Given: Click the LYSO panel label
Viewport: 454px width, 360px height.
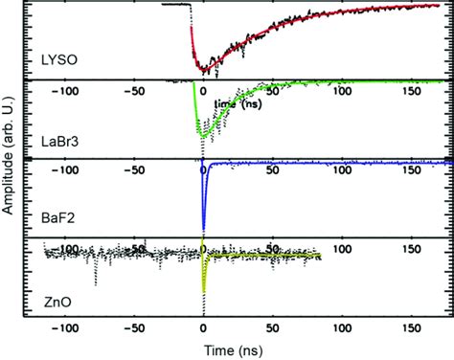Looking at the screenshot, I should click(x=58, y=63).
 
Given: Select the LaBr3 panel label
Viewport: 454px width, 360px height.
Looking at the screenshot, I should click(x=60, y=143).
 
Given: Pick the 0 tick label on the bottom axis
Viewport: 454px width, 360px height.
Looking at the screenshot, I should click(x=203, y=335).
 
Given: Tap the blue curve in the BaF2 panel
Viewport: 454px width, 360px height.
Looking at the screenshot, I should click(x=204, y=206).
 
